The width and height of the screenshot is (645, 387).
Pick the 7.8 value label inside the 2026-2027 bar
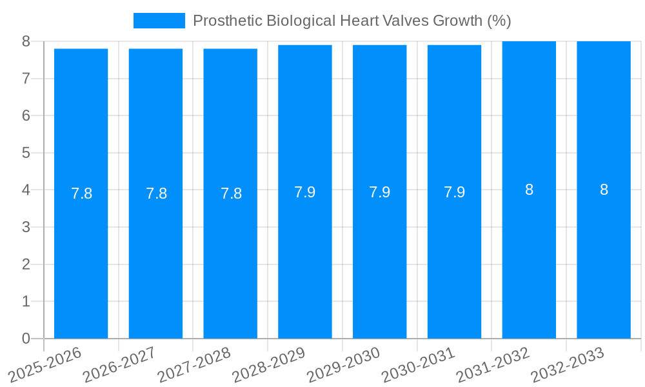pyautogui.click(x=156, y=193)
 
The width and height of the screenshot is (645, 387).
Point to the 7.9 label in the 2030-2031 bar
pyautogui.click(x=454, y=192)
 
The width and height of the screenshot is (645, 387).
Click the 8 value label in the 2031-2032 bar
pyautogui.click(x=529, y=190)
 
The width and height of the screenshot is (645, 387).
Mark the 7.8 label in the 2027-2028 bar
pyautogui.click(x=231, y=193)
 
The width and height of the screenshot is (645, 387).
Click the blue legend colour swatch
pyautogui.click(x=159, y=21)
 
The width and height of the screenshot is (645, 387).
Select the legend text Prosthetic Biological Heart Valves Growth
pyautogui.click(x=352, y=21)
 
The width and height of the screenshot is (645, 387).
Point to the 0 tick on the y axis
pyautogui.click(x=26, y=339)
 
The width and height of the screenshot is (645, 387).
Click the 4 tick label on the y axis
pyautogui.click(x=26, y=190)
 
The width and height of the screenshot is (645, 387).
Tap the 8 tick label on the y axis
pyautogui.click(x=26, y=41)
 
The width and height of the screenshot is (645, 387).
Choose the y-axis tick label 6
pyautogui.click(x=26, y=115)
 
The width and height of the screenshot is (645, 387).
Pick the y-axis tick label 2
pyautogui.click(x=26, y=264)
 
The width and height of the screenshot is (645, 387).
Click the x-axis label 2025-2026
pyautogui.click(x=45, y=362)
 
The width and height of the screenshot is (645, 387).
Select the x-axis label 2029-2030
pyautogui.click(x=344, y=362)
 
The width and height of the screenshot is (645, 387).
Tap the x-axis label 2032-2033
pyautogui.click(x=568, y=362)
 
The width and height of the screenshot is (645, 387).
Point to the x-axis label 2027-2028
pyautogui.click(x=194, y=362)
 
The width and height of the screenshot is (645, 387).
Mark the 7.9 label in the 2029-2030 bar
pyautogui.click(x=379, y=192)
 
